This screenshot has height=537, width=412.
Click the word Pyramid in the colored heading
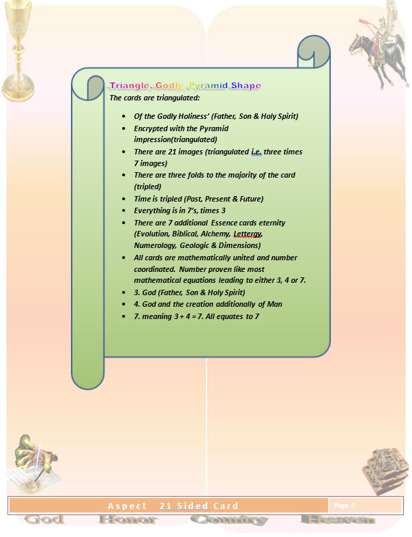tap(207, 85)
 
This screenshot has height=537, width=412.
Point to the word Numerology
tap(156, 245)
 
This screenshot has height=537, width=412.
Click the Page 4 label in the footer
tap(344, 506)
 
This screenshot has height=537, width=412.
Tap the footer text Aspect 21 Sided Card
tap(173, 506)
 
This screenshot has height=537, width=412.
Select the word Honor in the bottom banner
tap(128, 521)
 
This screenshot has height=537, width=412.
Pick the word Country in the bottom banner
tap(229, 521)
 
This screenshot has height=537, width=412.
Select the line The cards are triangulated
tap(151, 98)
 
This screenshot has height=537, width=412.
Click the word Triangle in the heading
tap(129, 85)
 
